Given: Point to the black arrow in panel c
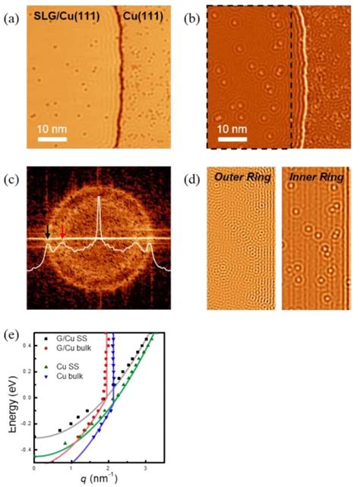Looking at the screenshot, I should (48, 229).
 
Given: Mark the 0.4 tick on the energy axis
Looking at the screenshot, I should (26, 345).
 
